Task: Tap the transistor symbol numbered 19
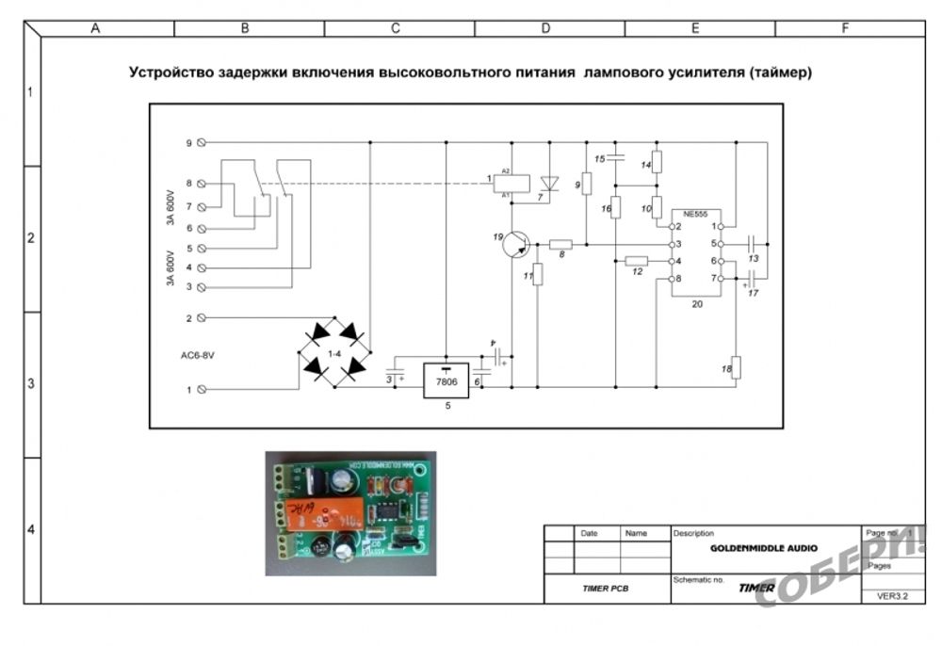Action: (513, 245)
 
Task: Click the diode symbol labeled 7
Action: (550, 183)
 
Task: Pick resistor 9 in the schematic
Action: (587, 184)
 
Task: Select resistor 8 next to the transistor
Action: (560, 244)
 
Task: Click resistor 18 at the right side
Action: (737, 367)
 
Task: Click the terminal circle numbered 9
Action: (202, 143)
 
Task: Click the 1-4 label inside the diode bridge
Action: (334, 352)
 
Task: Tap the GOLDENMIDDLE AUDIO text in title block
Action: (764, 547)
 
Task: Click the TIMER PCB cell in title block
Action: (606, 589)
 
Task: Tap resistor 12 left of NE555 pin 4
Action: (637, 261)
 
